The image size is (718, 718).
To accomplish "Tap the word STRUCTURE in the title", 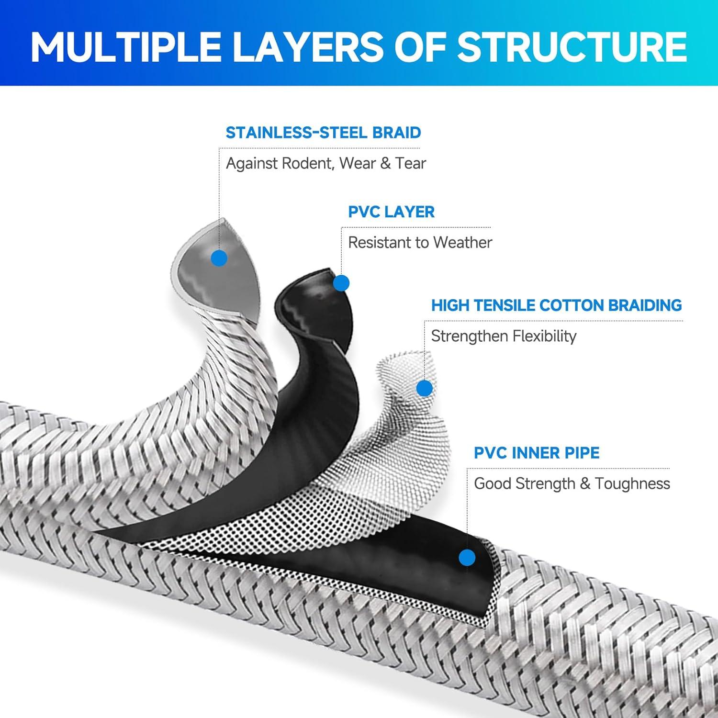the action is pyautogui.click(x=572, y=46).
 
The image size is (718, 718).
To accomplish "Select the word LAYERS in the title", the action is pyautogui.click(x=306, y=46).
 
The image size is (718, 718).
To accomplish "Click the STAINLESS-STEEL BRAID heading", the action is pyautogui.click(x=323, y=133).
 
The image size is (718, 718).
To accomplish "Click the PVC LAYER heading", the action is pyautogui.click(x=391, y=212).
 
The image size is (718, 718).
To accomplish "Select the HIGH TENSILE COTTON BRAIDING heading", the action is pyautogui.click(x=557, y=305).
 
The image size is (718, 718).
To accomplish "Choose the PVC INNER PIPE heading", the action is pyautogui.click(x=537, y=452).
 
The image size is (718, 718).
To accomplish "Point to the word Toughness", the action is pyautogui.click(x=632, y=483).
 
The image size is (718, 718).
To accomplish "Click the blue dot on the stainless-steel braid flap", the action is pyautogui.click(x=219, y=258).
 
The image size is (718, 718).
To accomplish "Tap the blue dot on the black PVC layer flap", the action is pyautogui.click(x=341, y=283).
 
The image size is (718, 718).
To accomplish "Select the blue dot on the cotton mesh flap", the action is pyautogui.click(x=425, y=388).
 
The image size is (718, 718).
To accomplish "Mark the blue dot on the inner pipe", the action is pyautogui.click(x=467, y=557).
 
